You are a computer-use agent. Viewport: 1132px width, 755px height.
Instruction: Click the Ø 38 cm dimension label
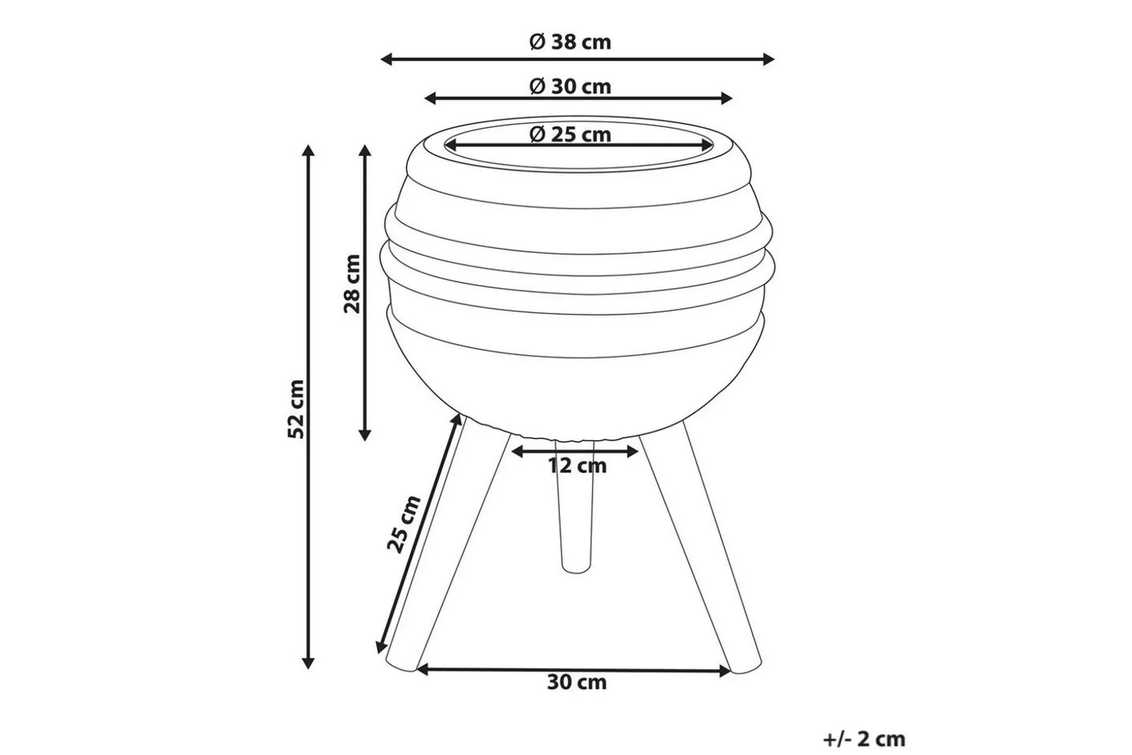pos(570,42)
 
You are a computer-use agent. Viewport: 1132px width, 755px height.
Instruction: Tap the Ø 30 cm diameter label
pos(570,86)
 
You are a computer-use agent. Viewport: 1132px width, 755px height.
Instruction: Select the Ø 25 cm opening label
pos(570,134)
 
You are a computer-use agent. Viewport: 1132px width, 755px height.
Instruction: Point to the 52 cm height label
pos(296,409)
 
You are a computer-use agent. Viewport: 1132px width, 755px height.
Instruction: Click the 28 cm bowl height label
pos(352,284)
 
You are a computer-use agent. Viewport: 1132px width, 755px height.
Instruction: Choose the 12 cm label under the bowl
pos(577,466)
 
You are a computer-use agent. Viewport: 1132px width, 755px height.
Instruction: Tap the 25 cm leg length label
pos(404,524)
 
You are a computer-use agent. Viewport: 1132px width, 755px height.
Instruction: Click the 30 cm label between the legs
pos(577,682)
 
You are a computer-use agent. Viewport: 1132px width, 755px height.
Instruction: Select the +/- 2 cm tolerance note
pos(864,739)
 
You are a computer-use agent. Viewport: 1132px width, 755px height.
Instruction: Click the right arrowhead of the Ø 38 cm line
pos(769,59)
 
